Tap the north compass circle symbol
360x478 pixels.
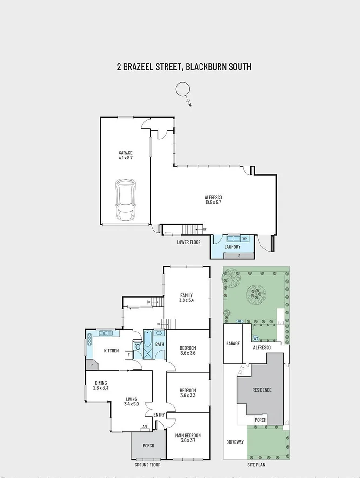point(183,90)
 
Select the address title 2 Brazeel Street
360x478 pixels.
point(184,66)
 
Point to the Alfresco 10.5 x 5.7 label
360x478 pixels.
point(213,199)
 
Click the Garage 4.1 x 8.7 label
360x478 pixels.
point(126,155)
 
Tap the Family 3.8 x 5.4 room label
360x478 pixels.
point(186,298)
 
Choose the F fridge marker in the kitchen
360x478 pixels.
point(128,355)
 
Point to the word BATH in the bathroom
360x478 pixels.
point(160,345)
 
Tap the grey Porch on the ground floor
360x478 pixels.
point(148,445)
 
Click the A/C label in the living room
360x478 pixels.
point(145,427)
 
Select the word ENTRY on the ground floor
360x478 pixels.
point(159,415)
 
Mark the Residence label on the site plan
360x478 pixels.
point(262,390)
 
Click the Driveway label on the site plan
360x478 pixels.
point(235,442)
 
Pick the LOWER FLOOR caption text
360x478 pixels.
point(189,242)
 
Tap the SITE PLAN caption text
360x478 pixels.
point(256,465)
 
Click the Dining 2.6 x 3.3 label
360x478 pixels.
point(100,385)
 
